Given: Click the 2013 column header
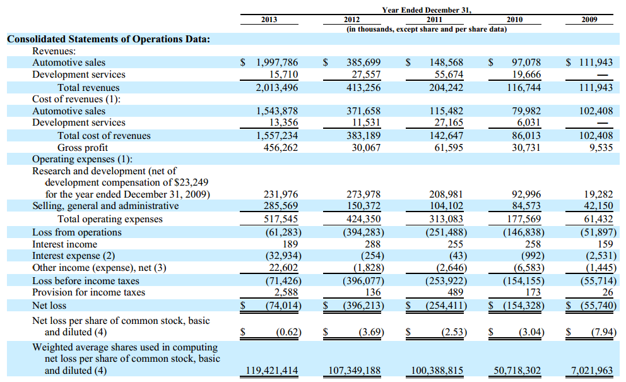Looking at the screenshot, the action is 269,20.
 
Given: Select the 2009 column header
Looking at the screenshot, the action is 589,20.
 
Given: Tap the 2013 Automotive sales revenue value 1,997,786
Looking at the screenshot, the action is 277,63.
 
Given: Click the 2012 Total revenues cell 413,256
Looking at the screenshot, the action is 363,88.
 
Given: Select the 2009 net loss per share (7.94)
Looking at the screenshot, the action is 604,332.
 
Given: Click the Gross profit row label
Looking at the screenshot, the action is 83,148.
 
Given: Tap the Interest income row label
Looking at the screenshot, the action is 64,244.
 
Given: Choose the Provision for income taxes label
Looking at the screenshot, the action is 88,292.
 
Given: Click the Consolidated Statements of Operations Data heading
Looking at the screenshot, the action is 109,39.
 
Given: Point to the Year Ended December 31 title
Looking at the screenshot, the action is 427,10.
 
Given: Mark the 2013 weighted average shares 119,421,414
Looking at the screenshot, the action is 272,371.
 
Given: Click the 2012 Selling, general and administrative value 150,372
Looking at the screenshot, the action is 363,206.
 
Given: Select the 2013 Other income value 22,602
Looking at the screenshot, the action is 283,267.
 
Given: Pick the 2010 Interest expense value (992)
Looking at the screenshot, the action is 533,255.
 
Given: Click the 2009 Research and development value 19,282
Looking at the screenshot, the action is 598,194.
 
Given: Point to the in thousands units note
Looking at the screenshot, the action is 427,29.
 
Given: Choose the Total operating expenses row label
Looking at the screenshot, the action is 110,219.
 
